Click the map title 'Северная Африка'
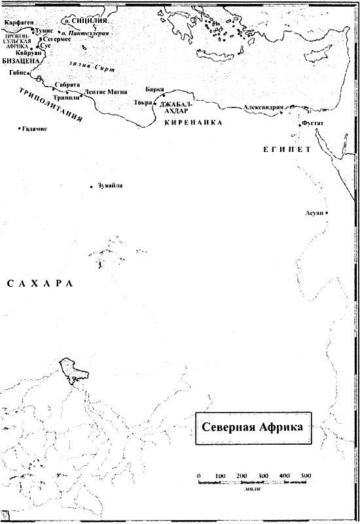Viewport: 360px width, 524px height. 253,427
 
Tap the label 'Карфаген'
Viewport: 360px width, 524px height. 17,22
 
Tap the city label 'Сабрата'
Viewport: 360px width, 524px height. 67,85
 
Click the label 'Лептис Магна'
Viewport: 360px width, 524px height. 101,92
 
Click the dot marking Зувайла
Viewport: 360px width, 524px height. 91,187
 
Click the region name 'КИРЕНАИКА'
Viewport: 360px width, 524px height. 194,122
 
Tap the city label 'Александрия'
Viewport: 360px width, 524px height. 262,107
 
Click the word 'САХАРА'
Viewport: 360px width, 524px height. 37,284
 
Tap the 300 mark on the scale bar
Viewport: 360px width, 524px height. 263,474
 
